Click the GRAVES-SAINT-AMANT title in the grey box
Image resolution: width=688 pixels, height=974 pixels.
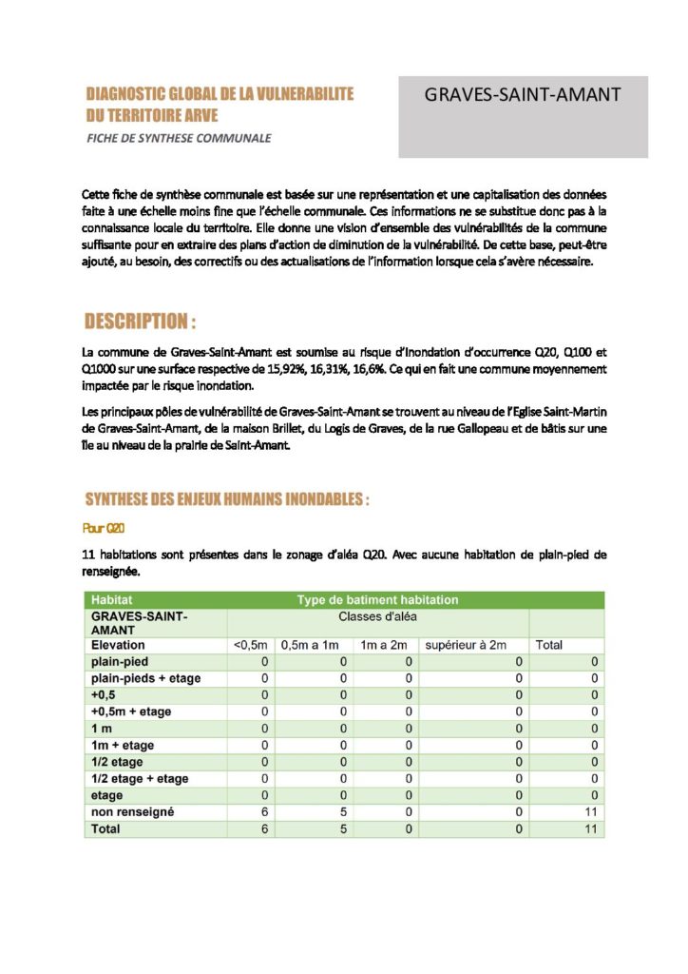click(522, 95)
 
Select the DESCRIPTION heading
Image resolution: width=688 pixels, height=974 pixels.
click(140, 321)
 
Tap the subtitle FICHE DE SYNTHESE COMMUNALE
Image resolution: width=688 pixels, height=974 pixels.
click(178, 138)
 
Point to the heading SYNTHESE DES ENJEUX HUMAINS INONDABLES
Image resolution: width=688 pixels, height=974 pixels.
click(226, 499)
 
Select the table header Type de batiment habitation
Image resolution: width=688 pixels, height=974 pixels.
click(377, 600)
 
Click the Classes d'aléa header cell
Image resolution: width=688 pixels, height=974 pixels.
click(377, 616)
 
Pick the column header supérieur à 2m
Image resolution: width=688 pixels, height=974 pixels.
click(466, 645)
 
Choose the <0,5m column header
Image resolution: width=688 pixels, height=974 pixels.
click(250, 645)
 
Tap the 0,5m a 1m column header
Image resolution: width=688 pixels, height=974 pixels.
click(310, 645)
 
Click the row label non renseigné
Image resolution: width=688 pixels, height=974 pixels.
click(132, 812)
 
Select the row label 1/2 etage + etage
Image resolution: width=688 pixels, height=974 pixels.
click(139, 779)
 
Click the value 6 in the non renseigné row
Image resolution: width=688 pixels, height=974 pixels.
click(265, 812)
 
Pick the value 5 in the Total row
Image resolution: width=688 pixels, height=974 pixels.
click(343, 829)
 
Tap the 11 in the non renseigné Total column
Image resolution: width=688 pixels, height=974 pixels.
click(591, 812)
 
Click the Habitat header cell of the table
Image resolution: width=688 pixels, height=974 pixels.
click(111, 600)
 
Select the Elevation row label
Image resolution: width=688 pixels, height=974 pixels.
click(118, 645)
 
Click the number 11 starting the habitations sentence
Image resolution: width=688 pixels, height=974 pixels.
click(90, 555)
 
